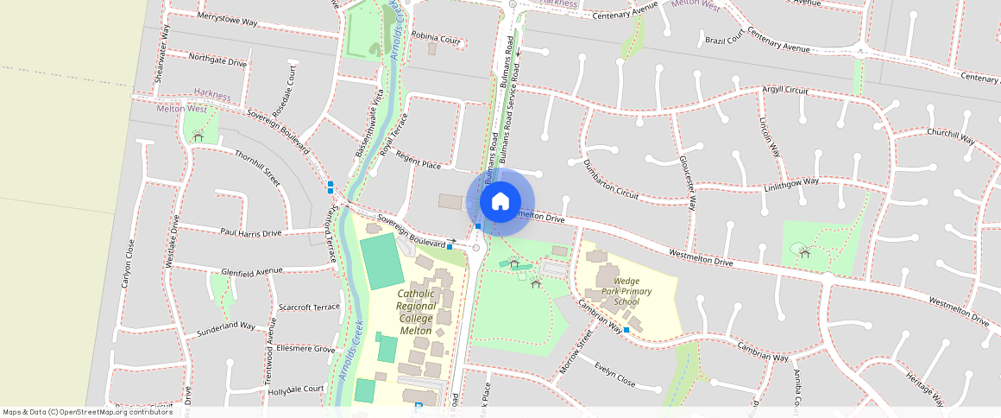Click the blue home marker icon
coord(500,202)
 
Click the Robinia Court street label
coord(436,38)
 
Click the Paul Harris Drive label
coord(250,233)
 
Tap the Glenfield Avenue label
coord(252,270)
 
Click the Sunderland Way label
coord(226,328)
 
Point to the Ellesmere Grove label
coord(305,349)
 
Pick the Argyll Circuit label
coord(784,90)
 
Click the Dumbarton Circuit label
coord(610,180)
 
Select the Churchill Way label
coord(950,136)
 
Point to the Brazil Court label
coord(724,40)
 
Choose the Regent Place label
coord(419,160)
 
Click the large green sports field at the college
coord(381,262)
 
